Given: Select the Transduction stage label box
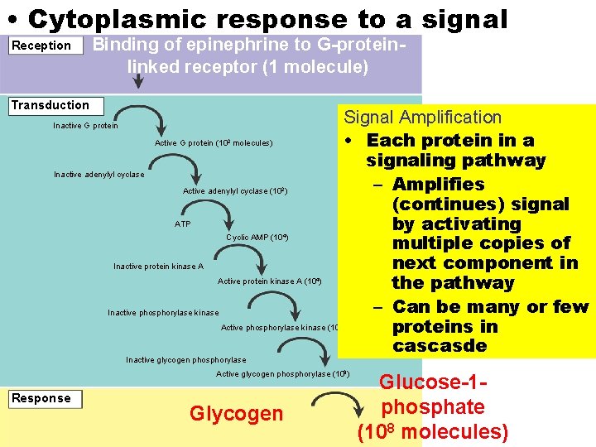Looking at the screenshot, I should click(x=55, y=106).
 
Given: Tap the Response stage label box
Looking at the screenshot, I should click(x=46, y=399).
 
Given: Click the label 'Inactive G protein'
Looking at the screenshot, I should click(x=85, y=126).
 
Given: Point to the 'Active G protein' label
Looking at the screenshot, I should click(x=213, y=143).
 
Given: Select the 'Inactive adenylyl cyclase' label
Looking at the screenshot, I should click(x=99, y=175).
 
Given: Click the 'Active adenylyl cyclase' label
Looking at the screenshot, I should click(x=234, y=192).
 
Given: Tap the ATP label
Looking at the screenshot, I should click(x=182, y=224).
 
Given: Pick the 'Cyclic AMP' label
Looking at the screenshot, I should click(x=257, y=238).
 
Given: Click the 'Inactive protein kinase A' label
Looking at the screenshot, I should click(x=158, y=267).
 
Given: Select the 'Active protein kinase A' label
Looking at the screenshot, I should click(x=268, y=281).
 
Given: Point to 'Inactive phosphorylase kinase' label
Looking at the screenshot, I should click(x=163, y=313).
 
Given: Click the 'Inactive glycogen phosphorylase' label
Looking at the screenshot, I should click(x=185, y=360).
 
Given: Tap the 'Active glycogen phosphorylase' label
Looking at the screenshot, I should click(x=282, y=374).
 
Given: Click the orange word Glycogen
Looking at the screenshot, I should click(x=236, y=413).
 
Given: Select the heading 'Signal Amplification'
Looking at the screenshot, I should click(x=422, y=118).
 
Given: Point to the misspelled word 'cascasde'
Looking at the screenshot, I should click(x=440, y=346).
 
